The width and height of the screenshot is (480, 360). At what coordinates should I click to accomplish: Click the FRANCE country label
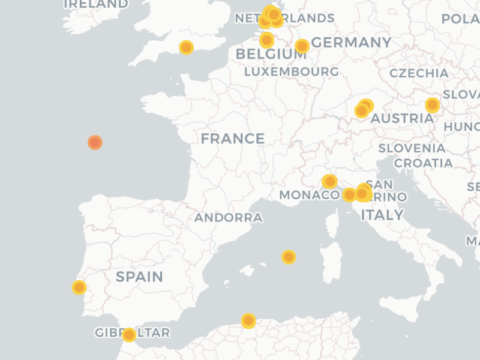pyautogui.click(x=232, y=139)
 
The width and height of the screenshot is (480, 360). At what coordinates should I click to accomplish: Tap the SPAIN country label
pyautogui.click(x=139, y=277)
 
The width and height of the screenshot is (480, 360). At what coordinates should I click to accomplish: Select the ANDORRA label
pyautogui.click(x=228, y=218)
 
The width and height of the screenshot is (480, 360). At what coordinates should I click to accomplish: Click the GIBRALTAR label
pyautogui.click(x=132, y=332)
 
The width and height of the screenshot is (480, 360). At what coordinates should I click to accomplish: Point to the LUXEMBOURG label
pyautogui.click(x=291, y=71)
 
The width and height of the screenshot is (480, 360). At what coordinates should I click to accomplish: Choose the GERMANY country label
pyautogui.click(x=352, y=43)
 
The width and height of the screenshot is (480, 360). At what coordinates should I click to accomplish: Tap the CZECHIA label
pyautogui.click(x=419, y=73)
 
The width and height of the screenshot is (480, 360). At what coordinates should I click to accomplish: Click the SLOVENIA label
pyautogui.click(x=412, y=148)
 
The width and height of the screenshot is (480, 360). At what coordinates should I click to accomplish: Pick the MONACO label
pyautogui.click(x=309, y=195)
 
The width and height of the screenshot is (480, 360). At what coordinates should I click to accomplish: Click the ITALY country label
pyautogui.click(x=382, y=215)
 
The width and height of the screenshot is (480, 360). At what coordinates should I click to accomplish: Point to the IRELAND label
pyautogui.click(x=95, y=4)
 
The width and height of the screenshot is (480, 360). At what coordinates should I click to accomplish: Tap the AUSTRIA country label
pyautogui.click(x=401, y=119)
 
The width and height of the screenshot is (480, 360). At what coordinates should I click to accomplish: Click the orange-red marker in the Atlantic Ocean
pyautogui.click(x=95, y=142)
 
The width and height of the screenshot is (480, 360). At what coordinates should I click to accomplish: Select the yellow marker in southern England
pyautogui.click(x=187, y=47)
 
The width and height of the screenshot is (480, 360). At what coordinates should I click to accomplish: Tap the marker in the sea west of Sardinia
pyautogui.click(x=289, y=257)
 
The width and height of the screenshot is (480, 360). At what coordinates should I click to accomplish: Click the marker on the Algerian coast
pyautogui.click(x=248, y=320)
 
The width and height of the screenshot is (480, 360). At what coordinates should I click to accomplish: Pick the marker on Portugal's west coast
pyautogui.click(x=79, y=287)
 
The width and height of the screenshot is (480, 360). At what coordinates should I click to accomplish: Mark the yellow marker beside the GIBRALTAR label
pyautogui.click(x=129, y=335)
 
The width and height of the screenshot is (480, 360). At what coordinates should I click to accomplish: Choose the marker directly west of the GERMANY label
pyautogui.click(x=302, y=46)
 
